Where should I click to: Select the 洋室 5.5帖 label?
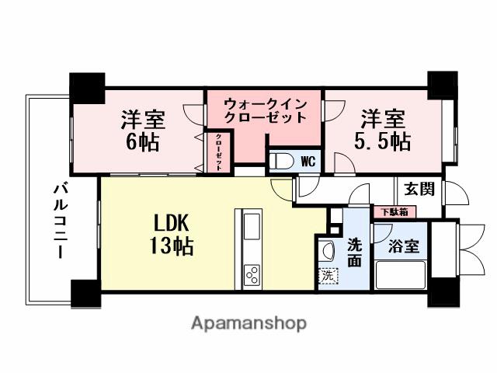point(383,131)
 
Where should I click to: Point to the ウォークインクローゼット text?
point(265,110)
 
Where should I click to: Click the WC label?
point(308,162)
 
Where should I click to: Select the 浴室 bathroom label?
point(404,246)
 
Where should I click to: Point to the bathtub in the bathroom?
point(401,275)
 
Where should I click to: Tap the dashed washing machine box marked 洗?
point(328,275)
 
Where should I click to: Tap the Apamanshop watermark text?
point(248,322)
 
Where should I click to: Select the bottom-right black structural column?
point(444,293)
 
